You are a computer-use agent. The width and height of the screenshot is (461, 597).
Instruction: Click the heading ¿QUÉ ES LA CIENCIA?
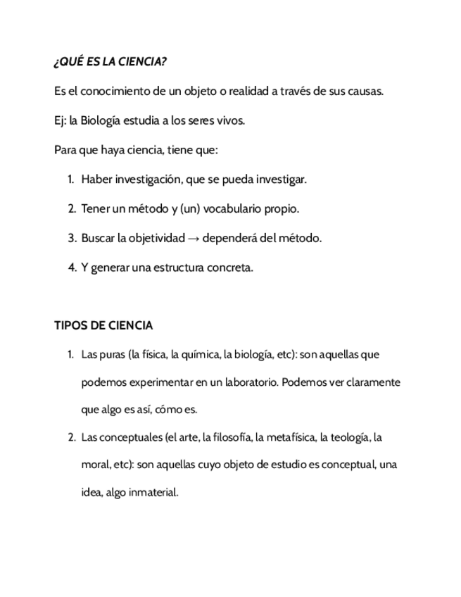point(110,62)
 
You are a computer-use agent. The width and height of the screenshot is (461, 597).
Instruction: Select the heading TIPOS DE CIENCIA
point(103,325)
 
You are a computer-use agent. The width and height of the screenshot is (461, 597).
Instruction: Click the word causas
point(365,91)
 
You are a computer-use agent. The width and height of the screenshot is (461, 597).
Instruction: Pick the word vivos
point(230,120)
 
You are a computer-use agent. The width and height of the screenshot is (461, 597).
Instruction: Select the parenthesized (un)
point(190,209)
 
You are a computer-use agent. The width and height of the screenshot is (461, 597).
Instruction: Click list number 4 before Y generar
point(72,268)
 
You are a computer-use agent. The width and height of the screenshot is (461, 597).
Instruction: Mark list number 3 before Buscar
point(72,238)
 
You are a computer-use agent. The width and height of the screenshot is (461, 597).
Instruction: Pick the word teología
point(344,437)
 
